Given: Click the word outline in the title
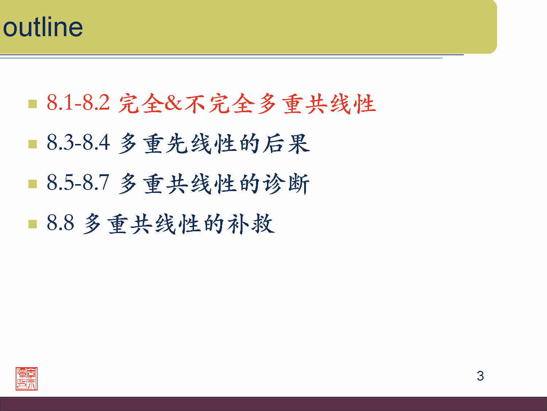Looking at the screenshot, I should (43, 27).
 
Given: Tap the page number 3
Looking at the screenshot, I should (480, 376).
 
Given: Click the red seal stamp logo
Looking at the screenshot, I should (27, 379).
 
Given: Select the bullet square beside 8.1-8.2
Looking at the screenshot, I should (33, 104).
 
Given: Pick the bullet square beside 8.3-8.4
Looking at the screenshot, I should (33, 144).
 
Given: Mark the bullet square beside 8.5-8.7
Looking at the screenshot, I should (33, 184).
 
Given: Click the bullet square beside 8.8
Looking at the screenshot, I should (33, 224).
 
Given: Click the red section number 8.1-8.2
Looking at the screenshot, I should (78, 103).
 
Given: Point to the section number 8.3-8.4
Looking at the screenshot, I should (78, 142).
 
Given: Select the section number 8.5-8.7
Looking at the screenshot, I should (78, 182).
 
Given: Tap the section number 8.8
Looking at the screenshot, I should (61, 222).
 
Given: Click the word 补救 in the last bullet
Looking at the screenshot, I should (251, 223).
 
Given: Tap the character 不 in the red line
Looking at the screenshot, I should (195, 103).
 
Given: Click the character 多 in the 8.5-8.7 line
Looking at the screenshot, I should (128, 183).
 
